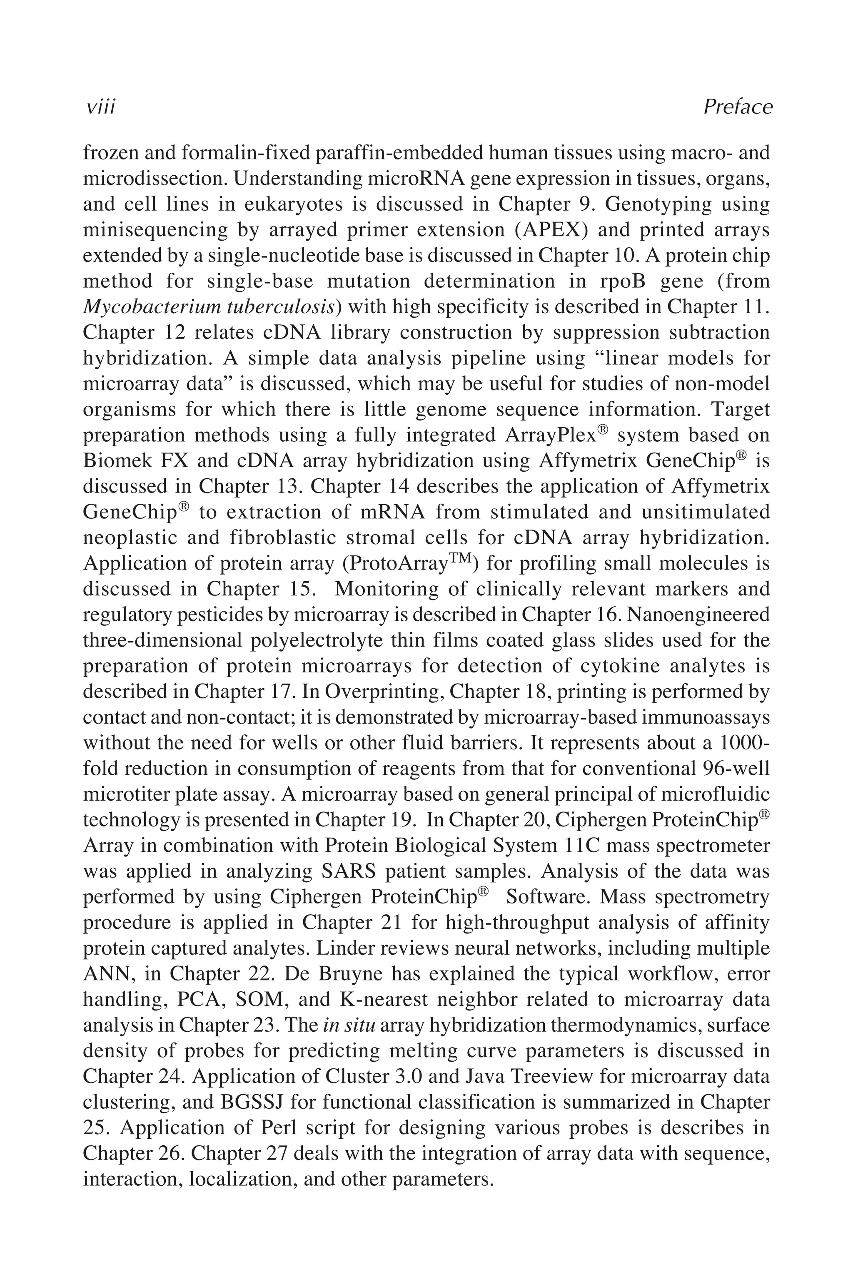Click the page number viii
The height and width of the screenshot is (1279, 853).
(101, 107)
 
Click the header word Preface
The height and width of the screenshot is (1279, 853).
(738, 107)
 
